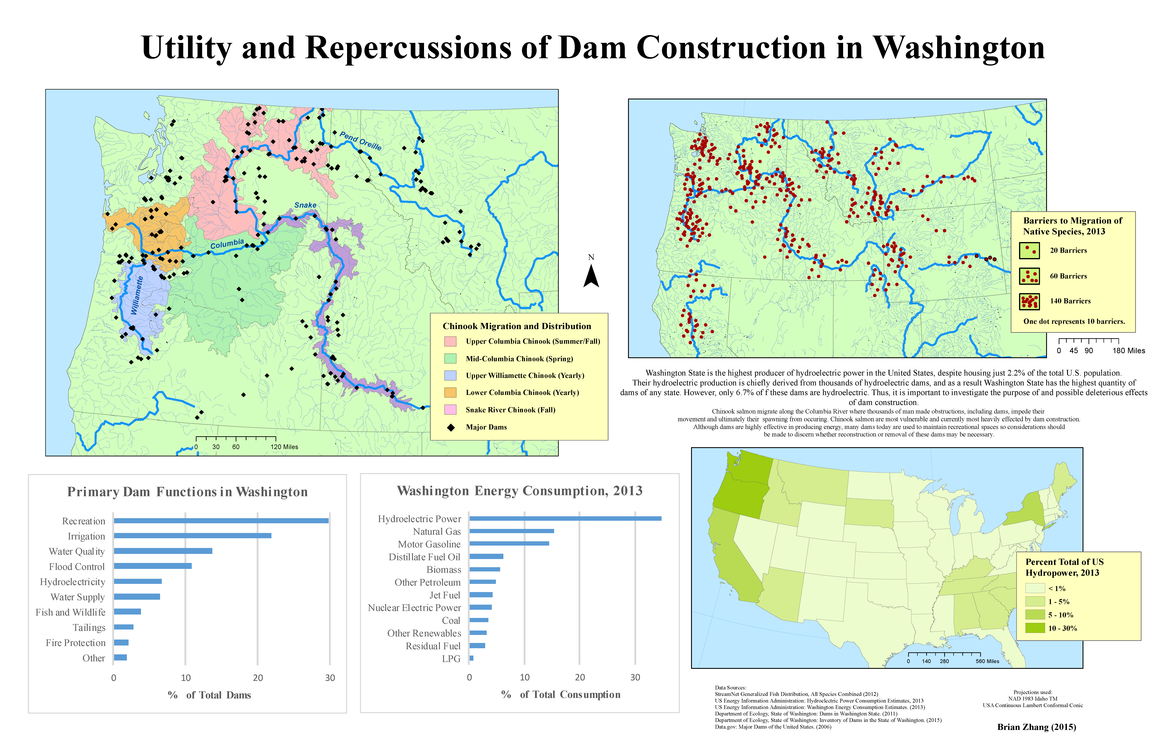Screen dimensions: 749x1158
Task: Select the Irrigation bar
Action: [x=192, y=536]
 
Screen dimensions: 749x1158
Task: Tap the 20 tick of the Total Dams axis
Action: [x=258, y=678]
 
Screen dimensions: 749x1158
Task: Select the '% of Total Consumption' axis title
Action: [x=560, y=695]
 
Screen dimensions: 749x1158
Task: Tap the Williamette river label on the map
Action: [x=137, y=295]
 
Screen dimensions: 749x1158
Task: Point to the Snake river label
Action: [x=305, y=205]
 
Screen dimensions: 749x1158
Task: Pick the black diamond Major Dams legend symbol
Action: [x=451, y=427]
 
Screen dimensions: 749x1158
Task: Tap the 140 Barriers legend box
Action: [x=1030, y=301]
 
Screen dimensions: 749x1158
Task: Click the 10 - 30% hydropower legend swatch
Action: [x=1035, y=628]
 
